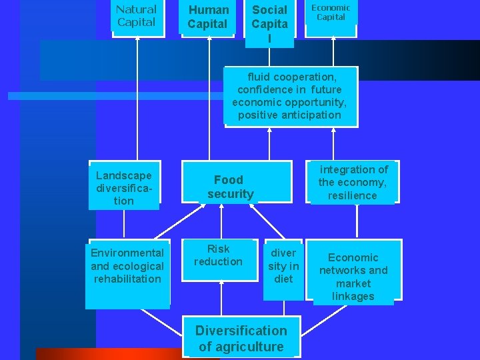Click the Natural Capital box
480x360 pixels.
pos(137,17)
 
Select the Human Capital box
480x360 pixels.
pos(208,17)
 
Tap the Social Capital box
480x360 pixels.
pos(269,23)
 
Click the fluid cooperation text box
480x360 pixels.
pos(290,96)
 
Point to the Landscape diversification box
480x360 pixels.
pos(124,186)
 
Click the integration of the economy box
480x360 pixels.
pos(353,182)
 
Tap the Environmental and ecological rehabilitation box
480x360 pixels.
pos(127,269)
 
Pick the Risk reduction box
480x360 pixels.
pos(219,256)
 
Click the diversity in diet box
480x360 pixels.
pos(283,266)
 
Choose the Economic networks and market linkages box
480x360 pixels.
pos(353,273)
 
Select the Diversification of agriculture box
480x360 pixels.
pos(241,338)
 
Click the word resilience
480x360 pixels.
pos(353,195)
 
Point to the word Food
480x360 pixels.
pos(229,179)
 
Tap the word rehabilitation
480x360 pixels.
pos(127,279)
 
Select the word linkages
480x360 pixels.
pos(353,296)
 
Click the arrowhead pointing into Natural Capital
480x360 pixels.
pos(137,37)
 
